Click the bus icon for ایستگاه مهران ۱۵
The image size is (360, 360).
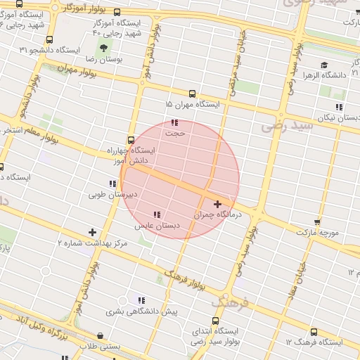click(x=192, y=93)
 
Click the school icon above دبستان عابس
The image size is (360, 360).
click(x=157, y=214)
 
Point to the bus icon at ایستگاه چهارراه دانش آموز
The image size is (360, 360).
click(x=131, y=139)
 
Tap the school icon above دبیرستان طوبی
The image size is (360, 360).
click(x=112, y=184)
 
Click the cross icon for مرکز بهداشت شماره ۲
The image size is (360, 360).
click(x=92, y=232)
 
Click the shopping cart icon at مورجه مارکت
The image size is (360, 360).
click(x=318, y=220)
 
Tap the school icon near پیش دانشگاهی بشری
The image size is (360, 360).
click(x=141, y=300)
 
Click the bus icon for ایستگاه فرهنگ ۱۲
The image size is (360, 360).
click(x=314, y=332)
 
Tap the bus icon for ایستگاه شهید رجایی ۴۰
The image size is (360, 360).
click(x=116, y=12)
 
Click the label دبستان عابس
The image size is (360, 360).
click(x=157, y=226)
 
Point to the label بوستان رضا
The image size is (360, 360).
click(x=123, y=60)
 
